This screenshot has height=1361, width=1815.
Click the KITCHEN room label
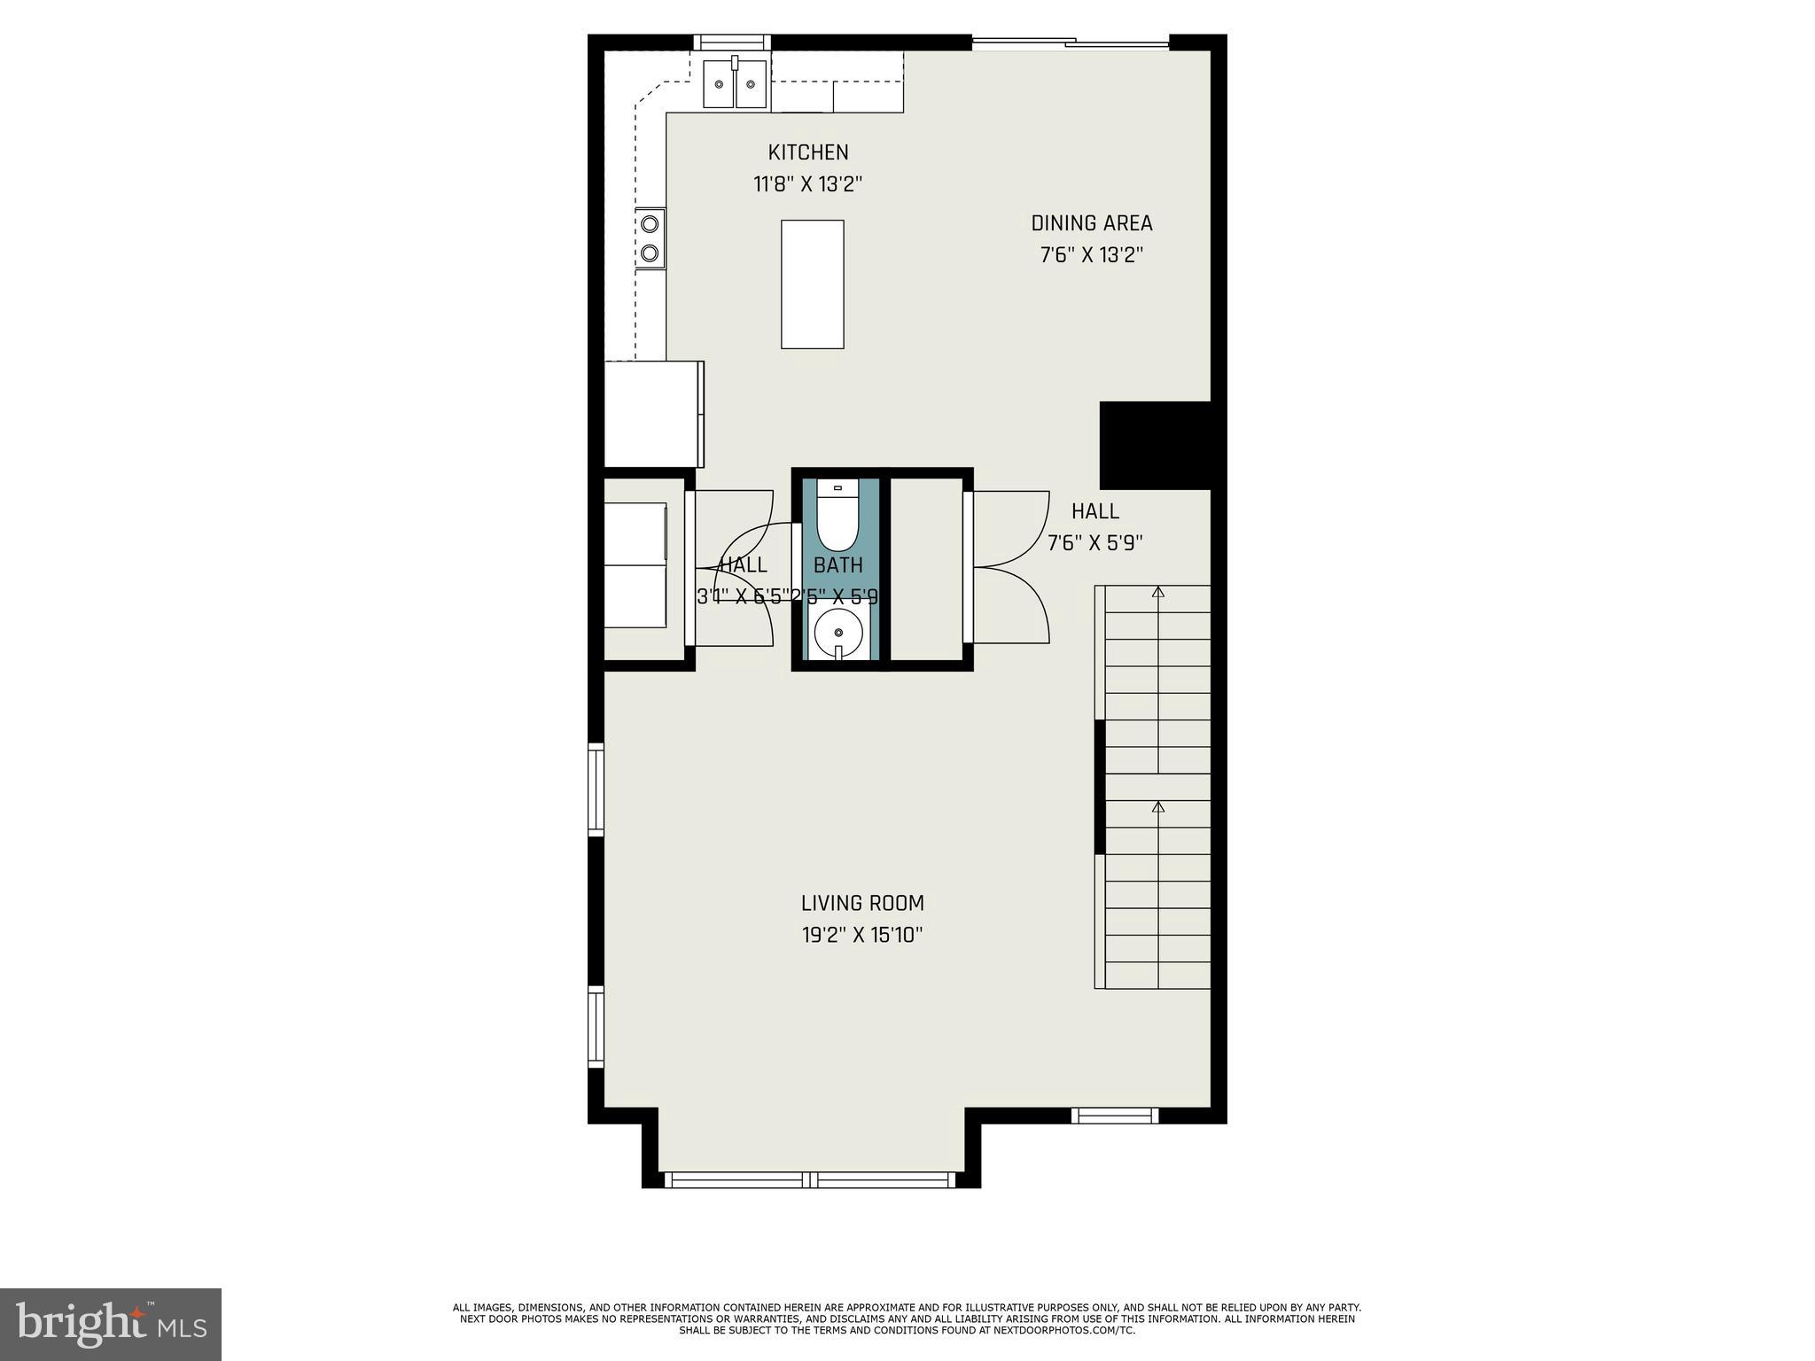click(807, 152)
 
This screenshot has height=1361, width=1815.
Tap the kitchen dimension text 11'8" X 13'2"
click(807, 184)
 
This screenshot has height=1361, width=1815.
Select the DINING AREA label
click(1091, 223)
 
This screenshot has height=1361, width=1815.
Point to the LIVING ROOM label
click(861, 903)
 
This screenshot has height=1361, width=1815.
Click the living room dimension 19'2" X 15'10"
click(861, 935)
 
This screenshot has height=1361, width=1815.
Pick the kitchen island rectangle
click(812, 284)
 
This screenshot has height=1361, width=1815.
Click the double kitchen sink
click(735, 85)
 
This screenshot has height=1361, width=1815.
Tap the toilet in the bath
click(837, 518)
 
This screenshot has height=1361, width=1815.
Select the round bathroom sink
click(837, 633)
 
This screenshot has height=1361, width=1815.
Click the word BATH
click(837, 564)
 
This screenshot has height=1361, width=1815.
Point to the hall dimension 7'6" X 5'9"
click(1094, 543)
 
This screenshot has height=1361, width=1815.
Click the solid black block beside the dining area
click(1154, 445)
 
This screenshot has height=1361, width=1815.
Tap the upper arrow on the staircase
click(1157, 592)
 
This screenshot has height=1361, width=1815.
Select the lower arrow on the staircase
click(1157, 807)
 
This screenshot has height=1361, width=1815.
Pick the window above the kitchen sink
click(731, 42)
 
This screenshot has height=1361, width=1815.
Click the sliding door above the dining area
click(1071, 42)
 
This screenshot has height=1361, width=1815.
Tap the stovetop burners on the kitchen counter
click(651, 237)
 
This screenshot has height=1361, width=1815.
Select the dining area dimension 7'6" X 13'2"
click(1091, 255)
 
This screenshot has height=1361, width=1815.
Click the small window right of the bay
click(1114, 1116)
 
